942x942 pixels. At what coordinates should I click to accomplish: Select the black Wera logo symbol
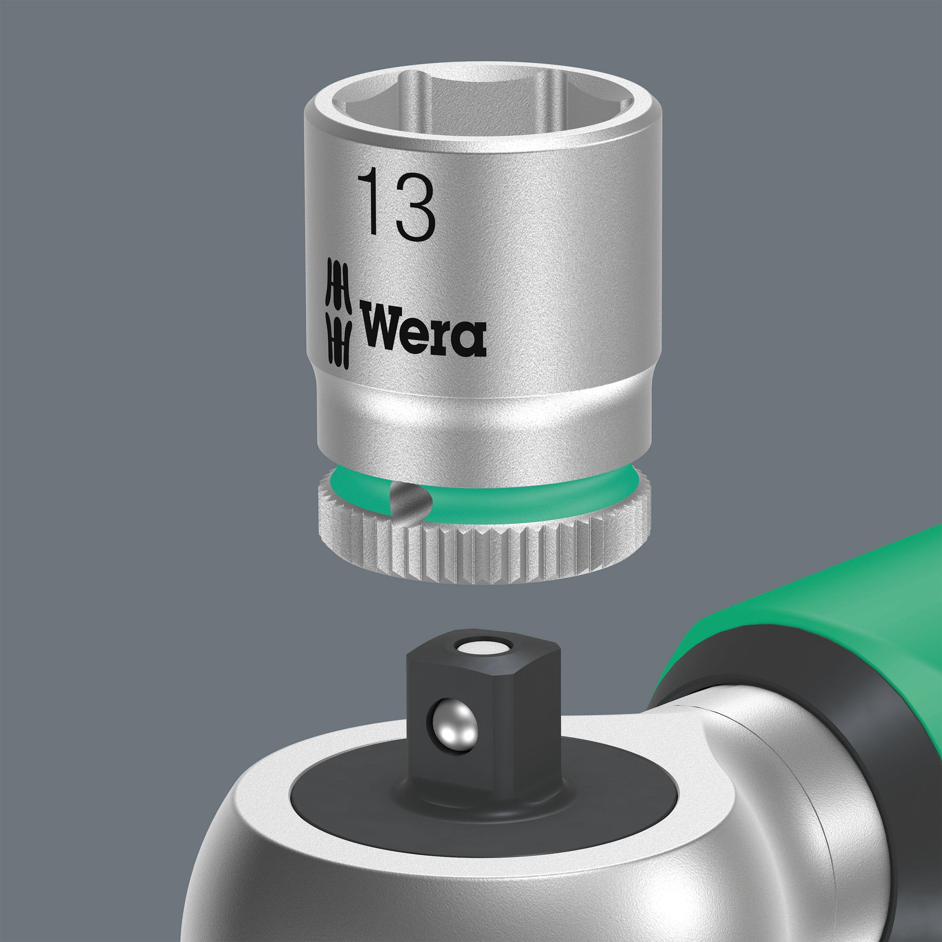click(338, 312)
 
